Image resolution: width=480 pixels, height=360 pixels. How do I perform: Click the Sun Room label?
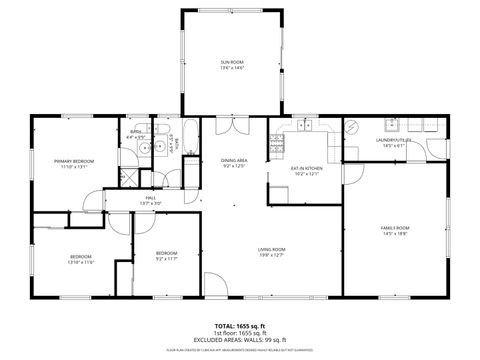tap(232, 64)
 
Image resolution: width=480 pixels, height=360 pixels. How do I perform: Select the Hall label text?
tap(150, 200)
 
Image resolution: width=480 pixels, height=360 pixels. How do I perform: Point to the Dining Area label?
tap(234, 163)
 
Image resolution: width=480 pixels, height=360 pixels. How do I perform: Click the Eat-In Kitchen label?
tap(305, 171)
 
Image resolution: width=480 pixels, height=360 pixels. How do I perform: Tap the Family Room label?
tap(395, 231)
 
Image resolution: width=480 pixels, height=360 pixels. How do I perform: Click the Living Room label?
tap(272, 252)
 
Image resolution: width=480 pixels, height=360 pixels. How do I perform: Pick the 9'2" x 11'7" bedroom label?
tap(166, 256)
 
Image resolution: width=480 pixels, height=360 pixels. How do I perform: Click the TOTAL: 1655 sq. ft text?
tap(240, 327)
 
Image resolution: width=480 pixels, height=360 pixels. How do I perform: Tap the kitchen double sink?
tap(304, 126)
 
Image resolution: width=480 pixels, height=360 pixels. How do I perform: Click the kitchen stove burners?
tap(281, 126)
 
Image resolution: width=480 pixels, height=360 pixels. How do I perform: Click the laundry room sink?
tap(391, 125)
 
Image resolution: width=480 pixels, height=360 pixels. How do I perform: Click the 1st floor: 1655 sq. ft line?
tap(240, 333)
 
